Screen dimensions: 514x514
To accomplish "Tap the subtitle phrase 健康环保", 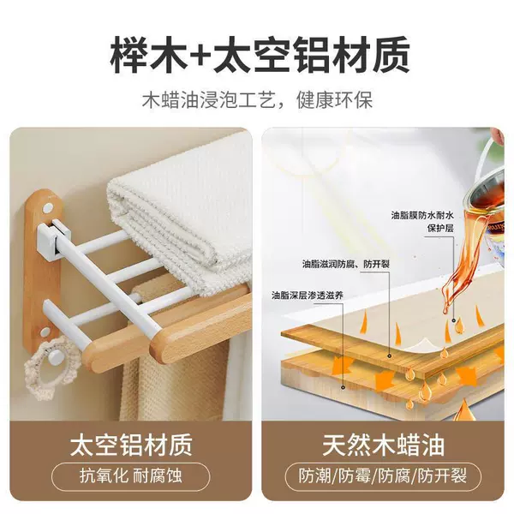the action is tap(335, 100).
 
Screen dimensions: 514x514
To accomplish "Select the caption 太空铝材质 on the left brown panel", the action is tap(130, 444).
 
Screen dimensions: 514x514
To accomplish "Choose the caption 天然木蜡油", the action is tap(383, 444).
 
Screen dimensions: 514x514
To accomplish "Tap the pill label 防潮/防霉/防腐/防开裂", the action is tap(383, 476).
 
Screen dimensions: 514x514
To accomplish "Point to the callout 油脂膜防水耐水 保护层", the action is tap(423, 222).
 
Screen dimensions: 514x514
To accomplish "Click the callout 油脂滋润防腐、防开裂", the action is tap(346, 264).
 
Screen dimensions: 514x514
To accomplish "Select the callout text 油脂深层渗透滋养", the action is tap(308, 296).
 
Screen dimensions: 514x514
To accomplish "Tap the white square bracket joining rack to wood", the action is tap(54, 236).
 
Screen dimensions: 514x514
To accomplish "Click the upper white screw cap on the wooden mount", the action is tap(48, 207).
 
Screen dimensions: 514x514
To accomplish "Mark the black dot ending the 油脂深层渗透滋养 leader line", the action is tap(343, 387).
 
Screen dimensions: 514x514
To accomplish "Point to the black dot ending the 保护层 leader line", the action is tap(454, 320).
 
